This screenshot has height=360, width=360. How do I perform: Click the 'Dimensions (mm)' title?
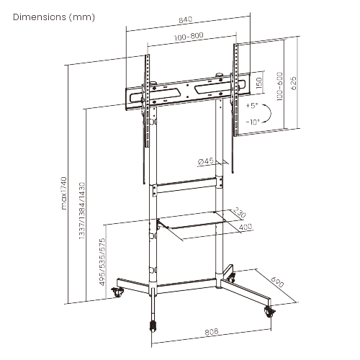pyautogui.click(x=53, y=17)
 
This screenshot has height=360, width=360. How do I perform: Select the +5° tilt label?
pyautogui.click(x=251, y=105)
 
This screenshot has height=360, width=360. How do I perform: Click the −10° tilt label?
pyautogui.click(x=251, y=122)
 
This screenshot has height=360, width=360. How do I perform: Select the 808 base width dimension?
pyautogui.click(x=212, y=333)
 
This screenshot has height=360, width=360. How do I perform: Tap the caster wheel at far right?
pyautogui.click(x=271, y=312)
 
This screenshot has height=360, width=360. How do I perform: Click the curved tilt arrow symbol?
pyautogui.click(x=266, y=114)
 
